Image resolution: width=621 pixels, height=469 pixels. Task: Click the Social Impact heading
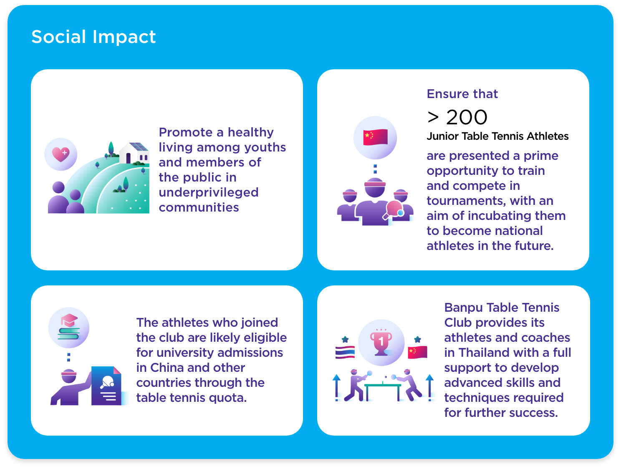click(x=93, y=37)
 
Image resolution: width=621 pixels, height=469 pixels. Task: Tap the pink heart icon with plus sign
click(x=61, y=154)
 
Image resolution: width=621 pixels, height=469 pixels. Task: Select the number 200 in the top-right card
click(x=467, y=117)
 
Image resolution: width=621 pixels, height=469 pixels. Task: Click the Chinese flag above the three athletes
click(x=376, y=137)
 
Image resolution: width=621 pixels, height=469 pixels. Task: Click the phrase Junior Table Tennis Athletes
click(x=497, y=136)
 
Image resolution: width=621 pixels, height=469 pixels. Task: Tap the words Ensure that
click(x=462, y=93)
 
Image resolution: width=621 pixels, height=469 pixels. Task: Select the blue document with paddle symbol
click(x=106, y=386)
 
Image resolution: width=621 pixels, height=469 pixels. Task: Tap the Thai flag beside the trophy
click(x=345, y=352)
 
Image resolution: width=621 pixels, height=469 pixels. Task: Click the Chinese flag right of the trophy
click(x=417, y=352)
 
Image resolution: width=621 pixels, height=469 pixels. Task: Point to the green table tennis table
click(x=383, y=392)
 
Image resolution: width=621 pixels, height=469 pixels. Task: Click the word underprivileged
click(x=209, y=192)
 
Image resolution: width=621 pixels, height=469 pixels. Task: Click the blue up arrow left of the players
click(x=336, y=388)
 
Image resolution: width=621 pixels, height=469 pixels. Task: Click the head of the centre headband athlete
click(x=375, y=187)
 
